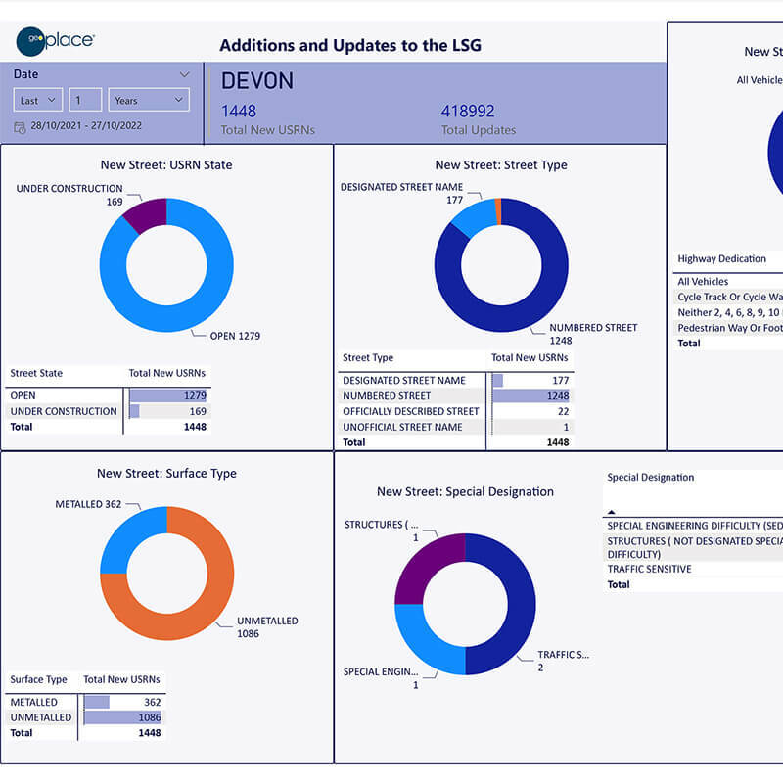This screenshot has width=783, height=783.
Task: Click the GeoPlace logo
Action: point(55,41)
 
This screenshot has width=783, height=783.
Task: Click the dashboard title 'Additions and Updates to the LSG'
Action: point(349,45)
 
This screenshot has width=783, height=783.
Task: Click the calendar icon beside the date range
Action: point(20,126)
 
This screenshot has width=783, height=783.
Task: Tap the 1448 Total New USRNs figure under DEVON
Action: point(239,112)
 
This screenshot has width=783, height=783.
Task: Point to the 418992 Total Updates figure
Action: point(468,112)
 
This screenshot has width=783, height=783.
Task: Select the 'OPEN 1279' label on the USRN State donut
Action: point(235,336)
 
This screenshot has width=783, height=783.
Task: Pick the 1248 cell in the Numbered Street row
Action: point(557,395)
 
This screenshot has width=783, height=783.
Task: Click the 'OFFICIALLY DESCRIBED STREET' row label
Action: point(410,411)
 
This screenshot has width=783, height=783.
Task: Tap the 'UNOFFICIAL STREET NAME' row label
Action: point(402,427)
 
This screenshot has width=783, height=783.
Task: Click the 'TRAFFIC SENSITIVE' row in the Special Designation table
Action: point(649,569)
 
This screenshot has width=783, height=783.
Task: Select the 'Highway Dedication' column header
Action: point(722,259)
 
